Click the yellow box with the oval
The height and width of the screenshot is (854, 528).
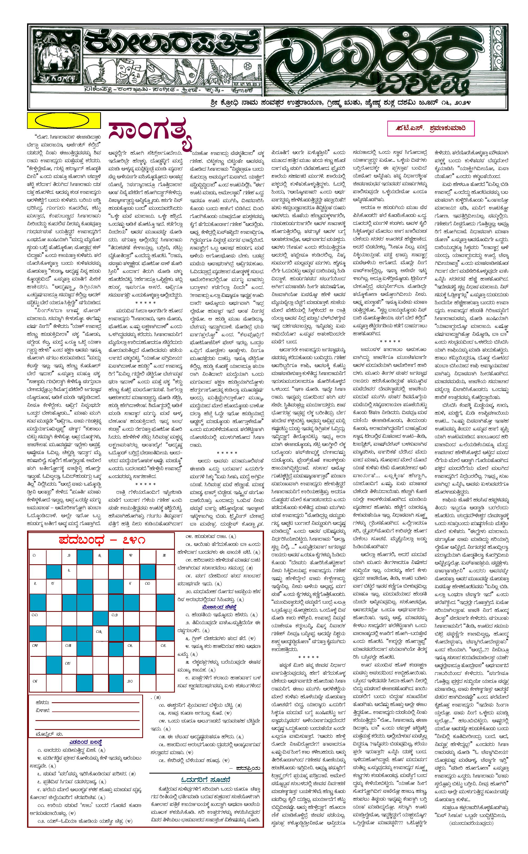[x=64, y=121]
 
